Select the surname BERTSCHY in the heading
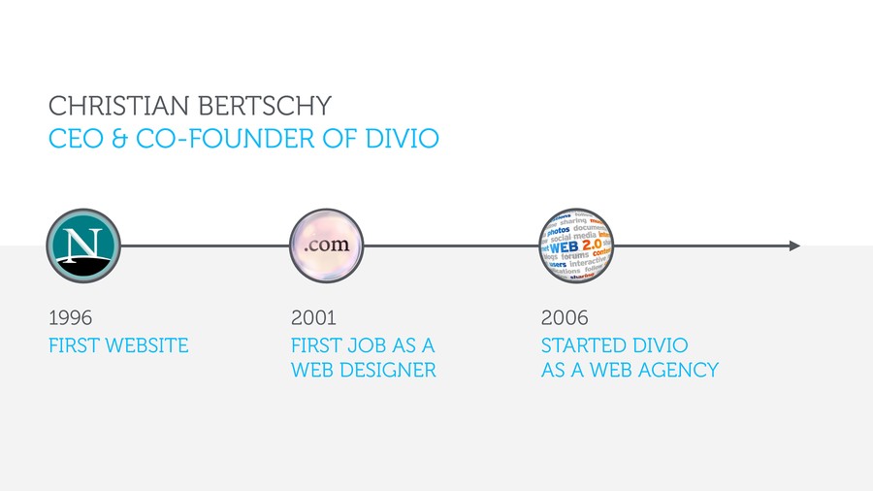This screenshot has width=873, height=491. (265, 106)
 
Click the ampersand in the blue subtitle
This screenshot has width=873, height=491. (119, 139)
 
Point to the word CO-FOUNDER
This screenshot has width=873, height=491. (225, 139)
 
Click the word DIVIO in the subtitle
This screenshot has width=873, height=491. (402, 139)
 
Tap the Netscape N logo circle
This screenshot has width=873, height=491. (83, 245)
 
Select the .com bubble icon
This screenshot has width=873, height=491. (326, 245)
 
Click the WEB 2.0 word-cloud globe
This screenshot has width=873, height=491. (576, 245)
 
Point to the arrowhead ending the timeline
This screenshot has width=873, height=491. (795, 245)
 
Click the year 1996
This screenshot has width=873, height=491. (70, 318)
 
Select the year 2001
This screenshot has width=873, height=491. (313, 318)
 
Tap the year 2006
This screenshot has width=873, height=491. (565, 318)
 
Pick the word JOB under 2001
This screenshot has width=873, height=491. (367, 345)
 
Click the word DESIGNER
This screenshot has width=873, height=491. (387, 370)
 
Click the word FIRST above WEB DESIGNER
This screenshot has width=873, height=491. (315, 345)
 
